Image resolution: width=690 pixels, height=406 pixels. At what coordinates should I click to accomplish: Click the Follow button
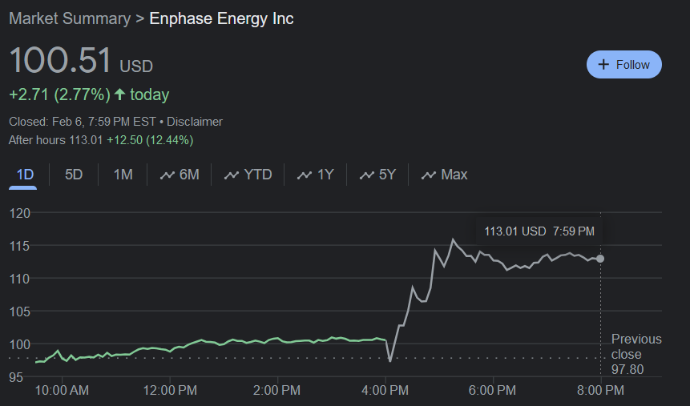pyautogui.click(x=624, y=65)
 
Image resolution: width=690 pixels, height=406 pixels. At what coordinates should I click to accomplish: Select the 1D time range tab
pyautogui.click(x=25, y=175)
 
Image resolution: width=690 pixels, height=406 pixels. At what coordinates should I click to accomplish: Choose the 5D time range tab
pyautogui.click(x=74, y=175)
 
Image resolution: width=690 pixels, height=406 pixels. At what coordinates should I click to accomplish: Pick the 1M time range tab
pyautogui.click(x=123, y=175)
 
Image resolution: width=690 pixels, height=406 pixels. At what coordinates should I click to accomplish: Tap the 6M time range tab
pyautogui.click(x=180, y=175)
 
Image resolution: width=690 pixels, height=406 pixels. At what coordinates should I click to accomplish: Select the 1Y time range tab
pyautogui.click(x=315, y=175)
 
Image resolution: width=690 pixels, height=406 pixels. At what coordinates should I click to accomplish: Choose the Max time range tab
pyautogui.click(x=444, y=175)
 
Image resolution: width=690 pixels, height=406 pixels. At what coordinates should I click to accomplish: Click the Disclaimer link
pyautogui.click(x=195, y=122)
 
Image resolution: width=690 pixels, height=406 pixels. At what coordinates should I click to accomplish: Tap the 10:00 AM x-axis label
pyautogui.click(x=63, y=391)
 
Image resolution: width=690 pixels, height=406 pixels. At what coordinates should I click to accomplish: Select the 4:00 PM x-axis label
pyautogui.click(x=385, y=391)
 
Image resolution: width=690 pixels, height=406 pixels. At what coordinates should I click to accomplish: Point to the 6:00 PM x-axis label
pyautogui.click(x=493, y=391)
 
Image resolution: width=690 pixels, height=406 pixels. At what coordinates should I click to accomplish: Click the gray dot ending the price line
pyautogui.click(x=600, y=259)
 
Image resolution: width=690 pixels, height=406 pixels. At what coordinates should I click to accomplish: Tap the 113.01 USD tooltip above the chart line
pyautogui.click(x=539, y=231)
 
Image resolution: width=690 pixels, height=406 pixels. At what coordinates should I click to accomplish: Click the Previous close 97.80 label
pyautogui.click(x=636, y=354)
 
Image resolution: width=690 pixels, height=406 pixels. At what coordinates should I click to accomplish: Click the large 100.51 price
pyautogui.click(x=60, y=62)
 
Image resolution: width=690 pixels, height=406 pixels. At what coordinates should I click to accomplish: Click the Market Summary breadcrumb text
pyautogui.click(x=69, y=18)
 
